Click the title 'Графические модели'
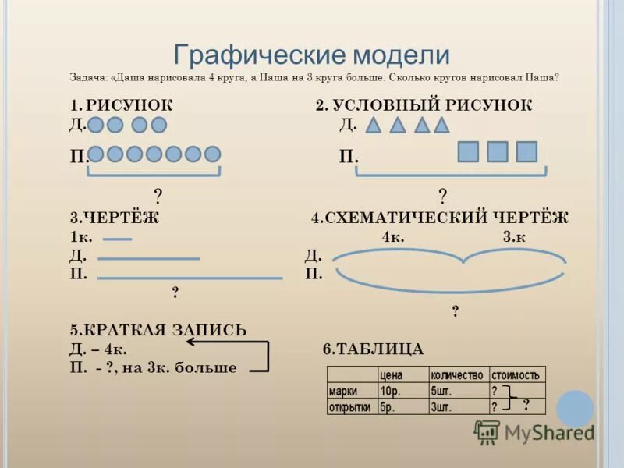pyautogui.click(x=312, y=55)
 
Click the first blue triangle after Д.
pyautogui.click(x=374, y=125)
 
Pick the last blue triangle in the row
pyautogui.click(x=442, y=125)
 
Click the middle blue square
pyautogui.click(x=497, y=151)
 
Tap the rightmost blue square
pyautogui.click(x=527, y=151)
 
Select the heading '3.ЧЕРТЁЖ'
pyautogui.click(x=114, y=218)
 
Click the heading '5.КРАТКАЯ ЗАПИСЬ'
pyautogui.click(x=158, y=330)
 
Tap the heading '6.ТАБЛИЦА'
pyautogui.click(x=373, y=349)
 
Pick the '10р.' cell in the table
pyautogui.click(x=390, y=391)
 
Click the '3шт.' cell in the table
pyautogui.click(x=441, y=406)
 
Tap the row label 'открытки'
pyautogui.click(x=350, y=406)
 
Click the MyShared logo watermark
pyautogui.click(x=535, y=431)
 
